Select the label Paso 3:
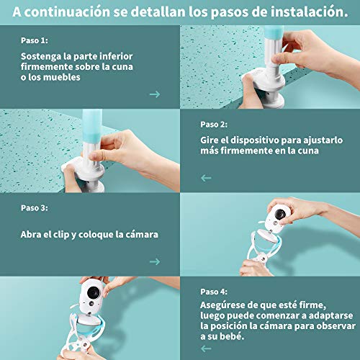click(x=35, y=208)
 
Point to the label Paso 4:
click(x=214, y=292)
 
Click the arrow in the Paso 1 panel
click(x=154, y=94)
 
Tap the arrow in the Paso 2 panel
click(x=206, y=177)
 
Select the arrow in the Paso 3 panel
click(x=154, y=261)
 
